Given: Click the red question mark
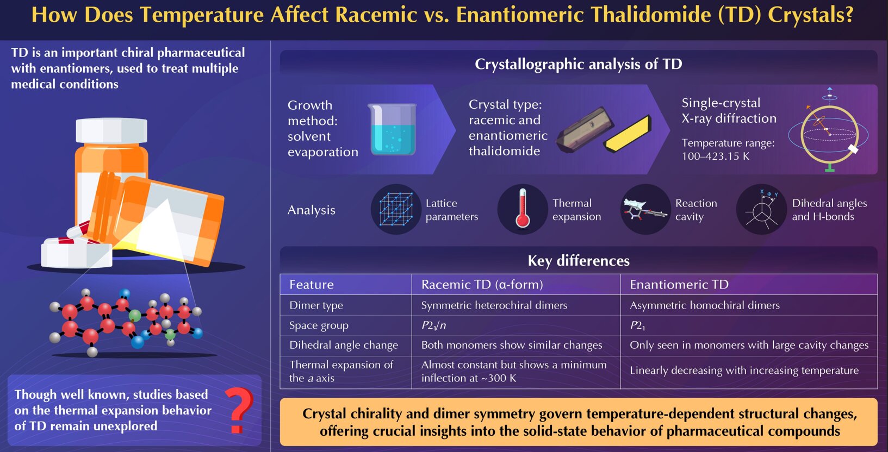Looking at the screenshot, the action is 239,410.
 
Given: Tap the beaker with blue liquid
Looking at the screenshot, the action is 392,129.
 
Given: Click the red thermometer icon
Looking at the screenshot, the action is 523,209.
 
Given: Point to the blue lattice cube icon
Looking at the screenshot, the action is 396,209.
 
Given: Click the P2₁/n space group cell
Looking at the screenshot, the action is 516,325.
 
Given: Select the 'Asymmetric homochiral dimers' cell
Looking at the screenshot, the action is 748,305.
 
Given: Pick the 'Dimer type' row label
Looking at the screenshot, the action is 316,305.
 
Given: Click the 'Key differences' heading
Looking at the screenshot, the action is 579,261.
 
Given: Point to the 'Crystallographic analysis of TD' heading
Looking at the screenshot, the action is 579,64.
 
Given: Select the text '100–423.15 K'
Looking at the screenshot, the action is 716,156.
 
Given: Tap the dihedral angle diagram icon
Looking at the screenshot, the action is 761,209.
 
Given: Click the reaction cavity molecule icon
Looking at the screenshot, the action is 644,210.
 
